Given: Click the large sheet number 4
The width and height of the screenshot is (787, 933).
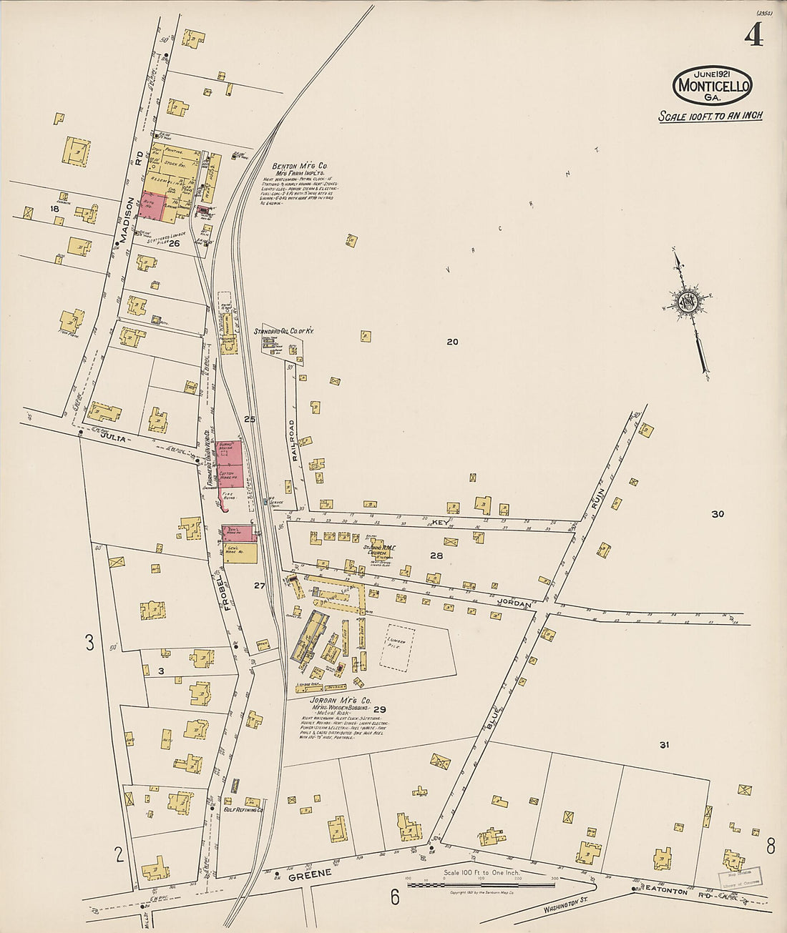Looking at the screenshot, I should (753, 34).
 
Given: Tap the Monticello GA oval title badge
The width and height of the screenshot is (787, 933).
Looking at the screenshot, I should (712, 86).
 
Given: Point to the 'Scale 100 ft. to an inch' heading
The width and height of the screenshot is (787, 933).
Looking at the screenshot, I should (710, 116).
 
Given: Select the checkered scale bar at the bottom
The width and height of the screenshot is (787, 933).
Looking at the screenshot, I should (481, 884).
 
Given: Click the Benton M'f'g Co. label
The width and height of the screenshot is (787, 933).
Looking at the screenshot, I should (299, 166).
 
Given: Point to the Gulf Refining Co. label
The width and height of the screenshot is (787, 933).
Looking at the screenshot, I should (244, 810).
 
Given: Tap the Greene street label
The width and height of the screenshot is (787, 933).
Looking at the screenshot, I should (310, 874).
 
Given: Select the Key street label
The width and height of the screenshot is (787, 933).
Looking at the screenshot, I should (439, 523).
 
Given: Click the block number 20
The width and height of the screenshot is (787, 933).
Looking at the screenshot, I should (452, 342).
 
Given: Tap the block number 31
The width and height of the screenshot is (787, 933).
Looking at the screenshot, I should (664, 745).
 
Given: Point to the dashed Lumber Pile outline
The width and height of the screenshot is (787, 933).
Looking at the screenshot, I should (398, 646).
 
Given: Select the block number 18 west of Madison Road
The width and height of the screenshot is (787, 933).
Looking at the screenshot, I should (53, 209).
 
